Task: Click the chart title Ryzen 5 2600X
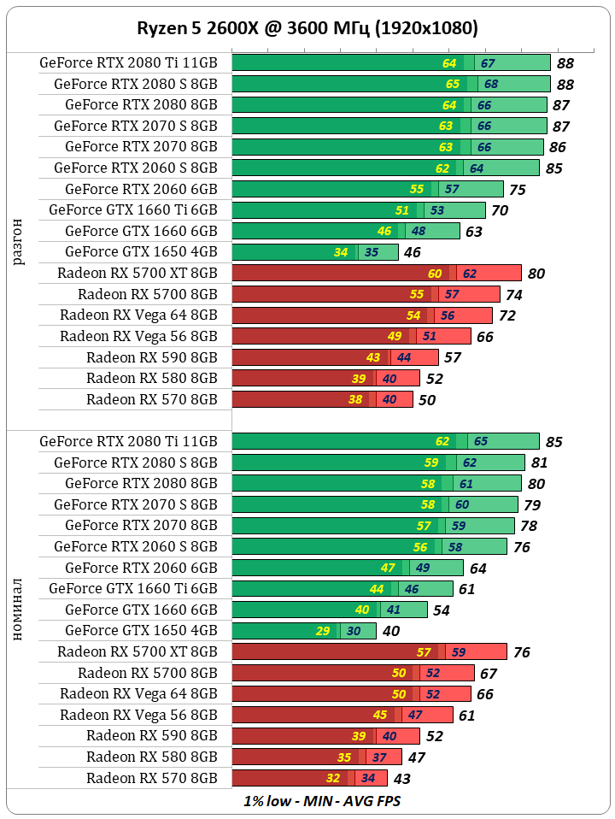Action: click(307, 28)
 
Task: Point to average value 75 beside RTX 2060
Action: click(517, 190)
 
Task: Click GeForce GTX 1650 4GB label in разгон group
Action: click(141, 252)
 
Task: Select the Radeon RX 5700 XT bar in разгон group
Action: click(376, 274)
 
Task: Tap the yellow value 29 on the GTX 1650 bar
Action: click(323, 632)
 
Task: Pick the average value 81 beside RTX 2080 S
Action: click(539, 463)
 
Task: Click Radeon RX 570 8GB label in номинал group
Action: click(152, 779)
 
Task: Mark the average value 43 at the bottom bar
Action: click(401, 779)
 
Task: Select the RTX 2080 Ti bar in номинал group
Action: click(384, 442)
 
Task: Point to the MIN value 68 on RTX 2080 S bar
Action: click(491, 85)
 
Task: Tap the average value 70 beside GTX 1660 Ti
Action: click(500, 210)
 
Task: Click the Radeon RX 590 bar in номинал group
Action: click(325, 736)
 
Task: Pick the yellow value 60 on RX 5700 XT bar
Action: click(435, 274)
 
